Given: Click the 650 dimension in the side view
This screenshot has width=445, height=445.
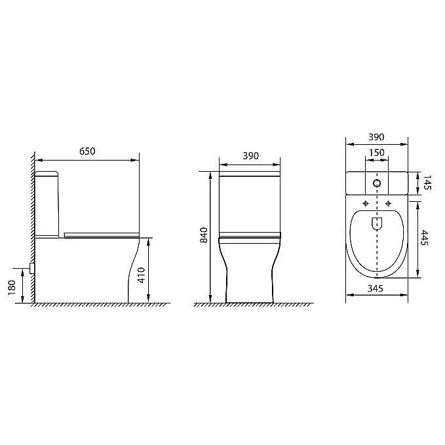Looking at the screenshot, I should [87, 151].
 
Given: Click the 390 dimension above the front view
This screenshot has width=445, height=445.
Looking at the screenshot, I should [250, 156].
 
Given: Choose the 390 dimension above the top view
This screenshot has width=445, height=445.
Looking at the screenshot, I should [376, 137].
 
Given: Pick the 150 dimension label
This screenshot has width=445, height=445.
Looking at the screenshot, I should [376, 153].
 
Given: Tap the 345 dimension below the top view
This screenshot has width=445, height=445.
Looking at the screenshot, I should [376, 288].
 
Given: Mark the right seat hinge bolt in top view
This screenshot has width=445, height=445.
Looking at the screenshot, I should [389, 203].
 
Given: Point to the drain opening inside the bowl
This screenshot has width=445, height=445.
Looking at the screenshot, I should [377, 223].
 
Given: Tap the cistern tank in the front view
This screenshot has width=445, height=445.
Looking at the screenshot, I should [250, 203].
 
